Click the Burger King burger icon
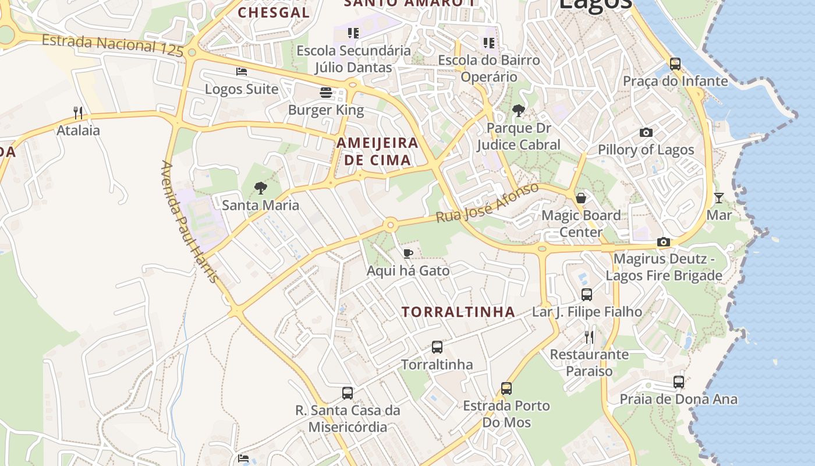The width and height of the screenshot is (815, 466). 325,93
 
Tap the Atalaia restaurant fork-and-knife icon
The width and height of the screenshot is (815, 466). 78,112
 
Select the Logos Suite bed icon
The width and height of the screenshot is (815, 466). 242,72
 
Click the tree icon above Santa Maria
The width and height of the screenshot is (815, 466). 261,188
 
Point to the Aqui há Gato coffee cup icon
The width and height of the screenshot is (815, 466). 408,253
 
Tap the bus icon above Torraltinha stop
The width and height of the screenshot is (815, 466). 437,347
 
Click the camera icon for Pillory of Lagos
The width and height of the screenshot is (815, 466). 646,133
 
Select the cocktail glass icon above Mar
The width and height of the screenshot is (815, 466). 719,198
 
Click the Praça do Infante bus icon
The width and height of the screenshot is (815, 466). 675,63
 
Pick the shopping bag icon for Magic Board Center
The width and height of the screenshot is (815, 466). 580,198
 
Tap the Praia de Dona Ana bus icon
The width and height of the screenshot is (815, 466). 679,382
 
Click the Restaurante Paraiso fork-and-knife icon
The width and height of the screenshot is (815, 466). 589,337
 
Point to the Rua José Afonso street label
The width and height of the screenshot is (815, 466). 488,203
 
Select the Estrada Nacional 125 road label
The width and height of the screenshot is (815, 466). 113,45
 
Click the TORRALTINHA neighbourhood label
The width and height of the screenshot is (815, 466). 458,312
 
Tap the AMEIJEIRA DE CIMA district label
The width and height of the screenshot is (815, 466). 377,151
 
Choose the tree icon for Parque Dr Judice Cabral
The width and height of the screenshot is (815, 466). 518,111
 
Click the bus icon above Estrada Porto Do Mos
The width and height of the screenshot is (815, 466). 506,388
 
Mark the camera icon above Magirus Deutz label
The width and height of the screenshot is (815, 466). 664,242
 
